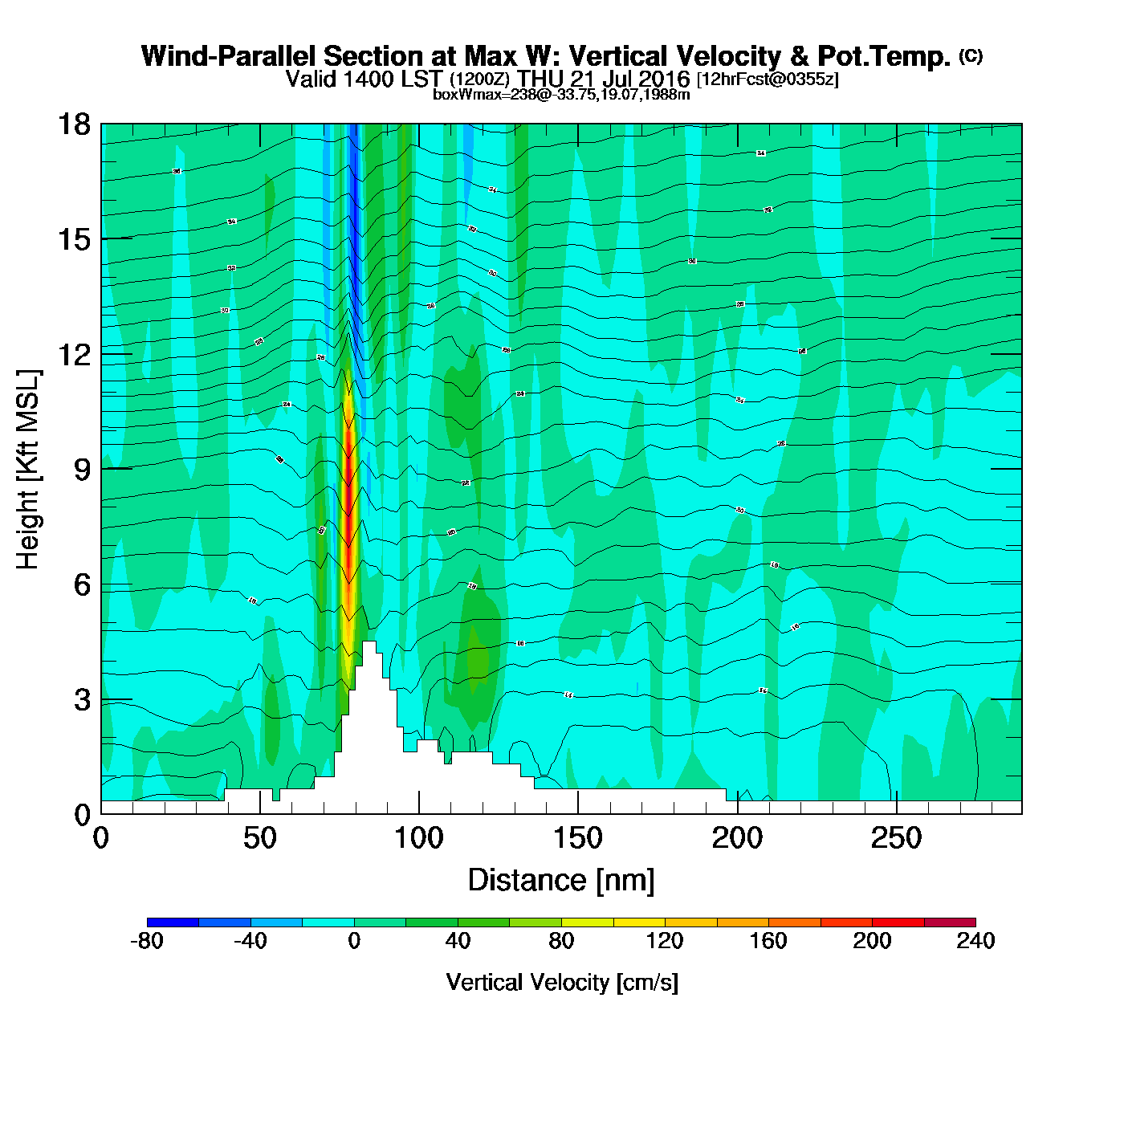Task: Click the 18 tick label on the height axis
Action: pyautogui.click(x=73, y=124)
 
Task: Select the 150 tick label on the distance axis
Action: pyautogui.click(x=577, y=838)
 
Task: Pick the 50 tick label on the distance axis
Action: pyautogui.click(x=259, y=838)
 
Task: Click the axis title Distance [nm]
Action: pyautogui.click(x=561, y=880)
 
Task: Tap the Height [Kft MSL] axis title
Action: pyautogui.click(x=28, y=470)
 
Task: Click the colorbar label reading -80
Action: pyautogui.click(x=146, y=941)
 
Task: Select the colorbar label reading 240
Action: pyautogui.click(x=975, y=941)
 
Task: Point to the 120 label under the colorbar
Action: pyautogui.click(x=665, y=941)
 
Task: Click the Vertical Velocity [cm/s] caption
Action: pyautogui.click(x=562, y=982)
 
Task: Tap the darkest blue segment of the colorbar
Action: pyautogui.click(x=173, y=922)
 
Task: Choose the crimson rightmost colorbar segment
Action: pyautogui.click(x=950, y=922)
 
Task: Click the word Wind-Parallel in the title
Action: pyautogui.click(x=230, y=56)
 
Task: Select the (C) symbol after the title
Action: pyautogui.click(x=971, y=55)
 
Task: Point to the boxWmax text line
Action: pyautogui.click(x=561, y=94)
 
